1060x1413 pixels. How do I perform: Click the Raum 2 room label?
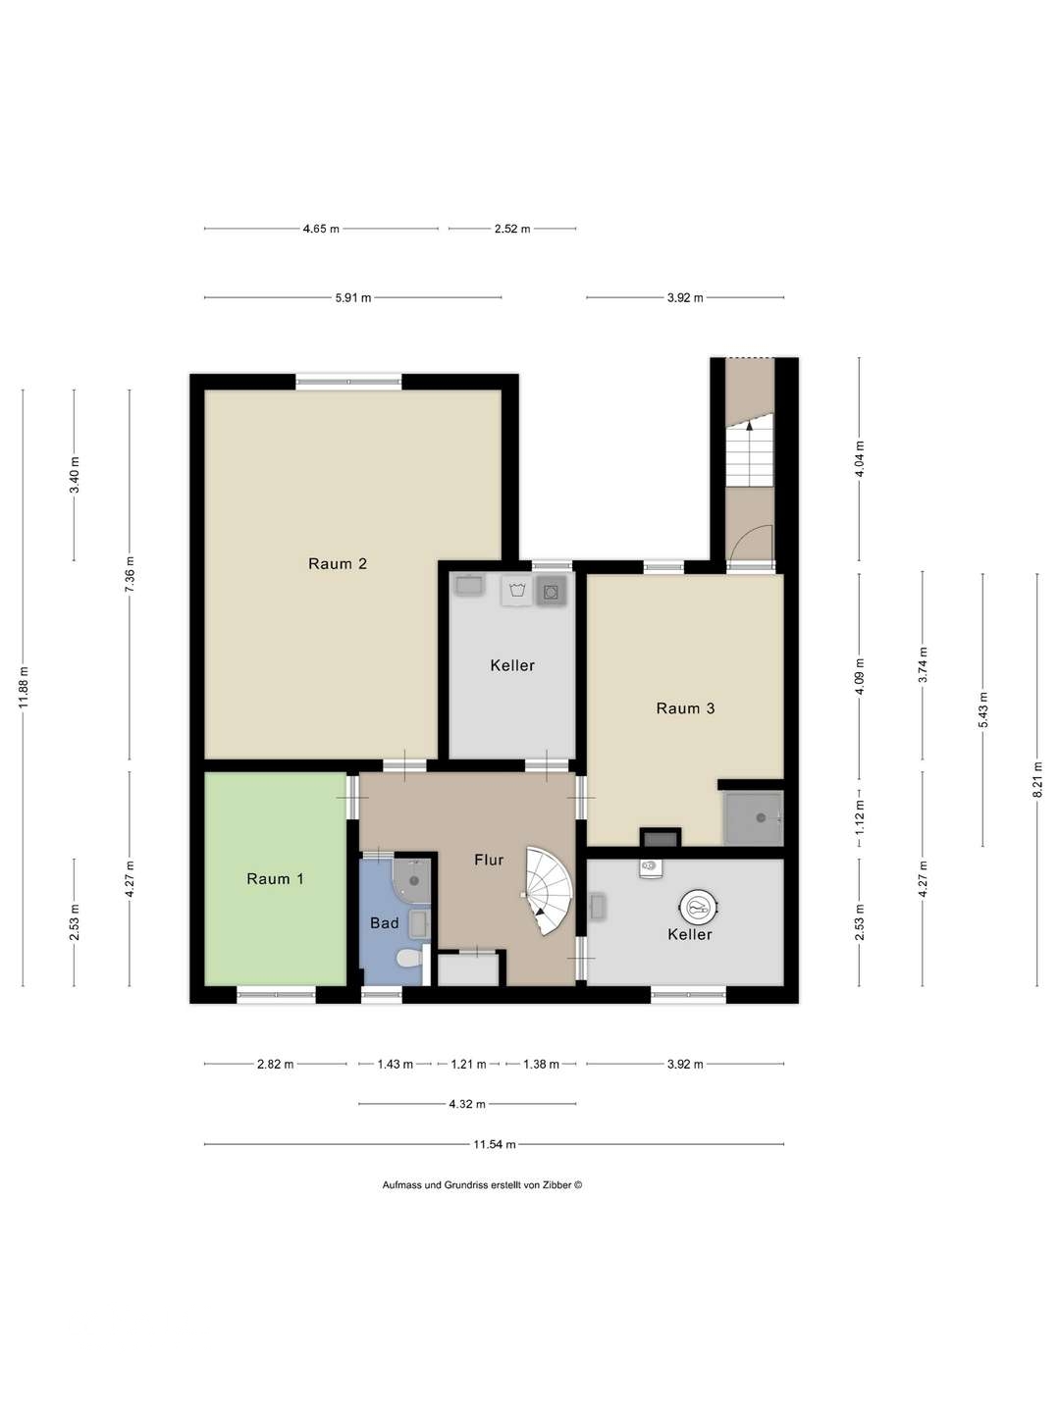pos(338,564)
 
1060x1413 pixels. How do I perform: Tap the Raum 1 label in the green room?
pos(275,878)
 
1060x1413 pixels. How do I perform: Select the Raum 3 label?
pos(685,708)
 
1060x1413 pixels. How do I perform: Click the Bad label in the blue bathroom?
pos(384,922)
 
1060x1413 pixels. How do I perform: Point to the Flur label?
pos(489,860)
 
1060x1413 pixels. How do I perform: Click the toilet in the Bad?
pos(409,959)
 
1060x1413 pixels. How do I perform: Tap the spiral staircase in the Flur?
pos(547,892)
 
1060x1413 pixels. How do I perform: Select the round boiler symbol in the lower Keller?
pos(698,907)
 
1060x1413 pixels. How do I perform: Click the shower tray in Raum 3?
pos(753,817)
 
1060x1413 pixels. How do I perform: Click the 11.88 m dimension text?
pos(24,687)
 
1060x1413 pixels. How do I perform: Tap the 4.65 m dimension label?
pos(321,229)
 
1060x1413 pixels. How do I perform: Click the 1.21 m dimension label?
pos(468,1064)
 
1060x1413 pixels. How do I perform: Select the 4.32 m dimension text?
pos(466,1104)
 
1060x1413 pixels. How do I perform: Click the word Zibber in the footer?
pos(557,1184)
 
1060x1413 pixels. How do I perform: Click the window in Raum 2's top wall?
pos(348,381)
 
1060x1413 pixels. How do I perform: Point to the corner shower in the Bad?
pos(411,878)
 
